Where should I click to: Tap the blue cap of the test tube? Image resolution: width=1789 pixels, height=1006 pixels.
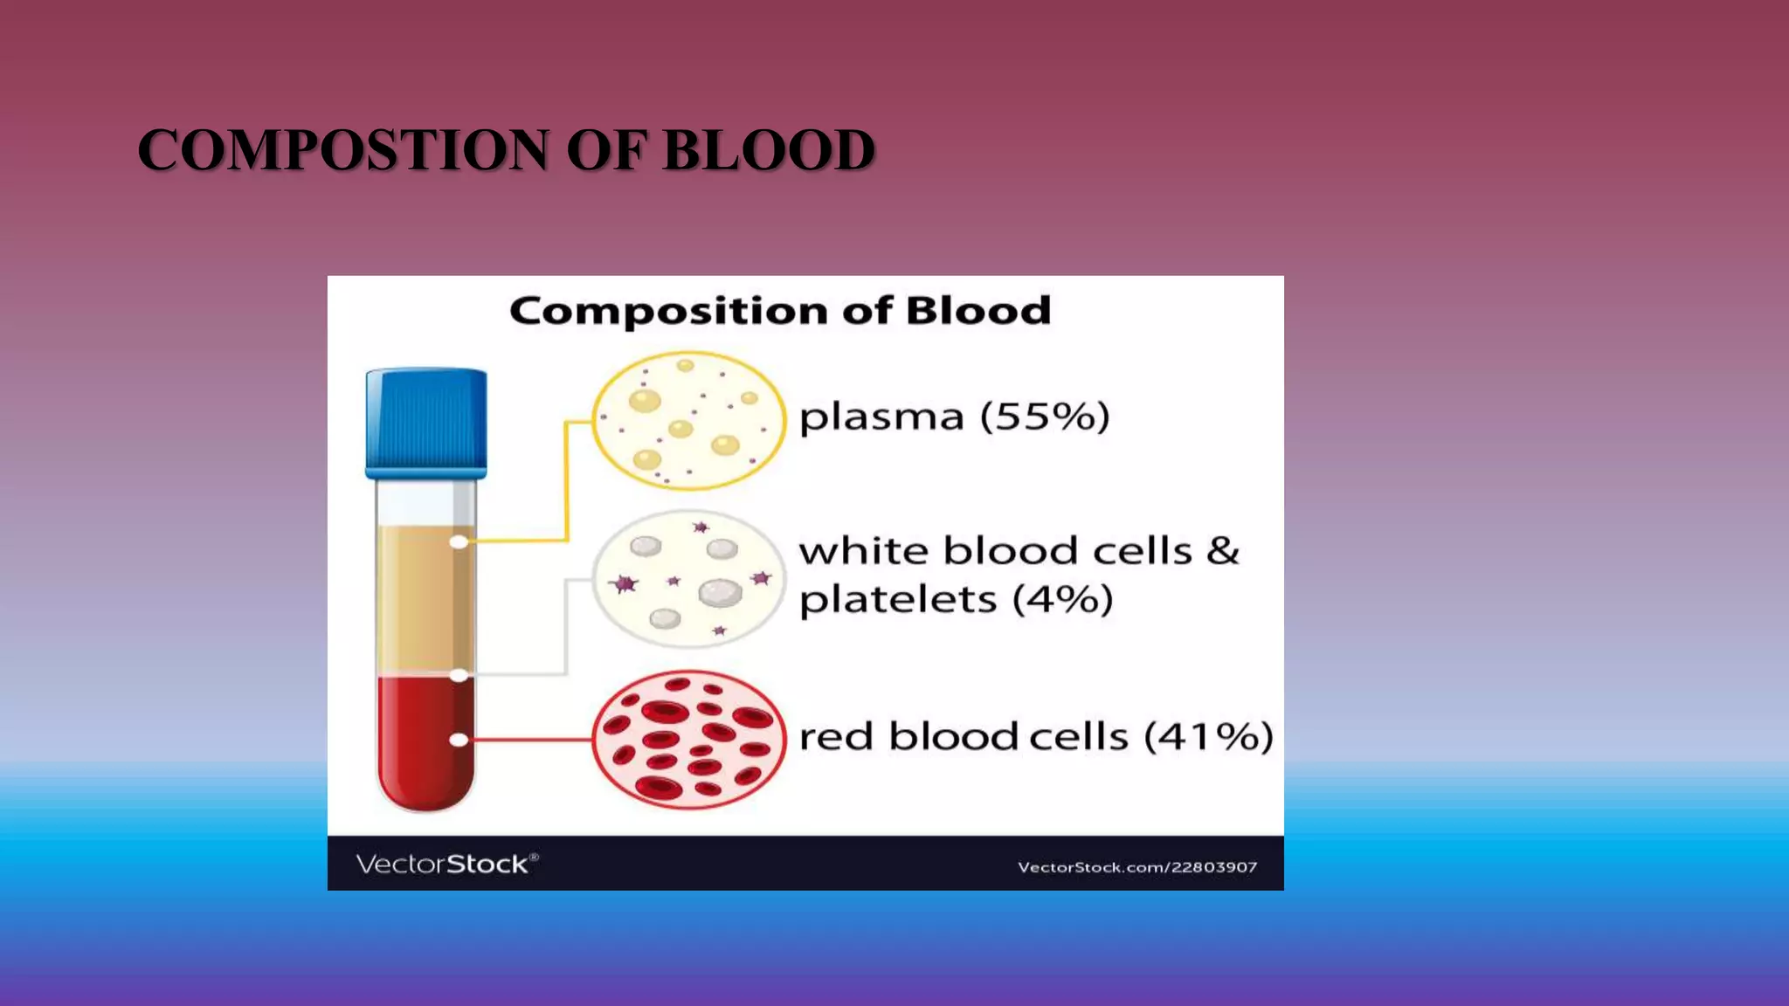coord(426,423)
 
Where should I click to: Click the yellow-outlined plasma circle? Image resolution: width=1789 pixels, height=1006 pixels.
coord(688,420)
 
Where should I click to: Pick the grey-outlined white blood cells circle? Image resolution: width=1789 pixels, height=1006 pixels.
coord(688,579)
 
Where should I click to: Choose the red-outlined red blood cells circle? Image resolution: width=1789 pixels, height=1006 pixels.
coord(688,740)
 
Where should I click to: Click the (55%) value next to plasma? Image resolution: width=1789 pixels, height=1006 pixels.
coord(1045,417)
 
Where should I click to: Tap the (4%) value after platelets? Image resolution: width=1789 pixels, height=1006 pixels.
coord(1063,600)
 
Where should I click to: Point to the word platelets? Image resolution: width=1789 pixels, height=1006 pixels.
coord(898,600)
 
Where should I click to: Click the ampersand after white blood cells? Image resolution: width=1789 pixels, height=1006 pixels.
coord(1223,551)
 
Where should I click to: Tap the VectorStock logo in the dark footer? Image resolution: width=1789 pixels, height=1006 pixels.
coord(446,864)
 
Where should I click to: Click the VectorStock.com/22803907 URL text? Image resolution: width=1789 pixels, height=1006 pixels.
coord(1137,867)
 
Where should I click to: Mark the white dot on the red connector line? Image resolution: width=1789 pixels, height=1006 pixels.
coord(459,740)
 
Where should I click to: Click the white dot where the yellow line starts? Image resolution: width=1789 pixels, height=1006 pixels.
coord(459,542)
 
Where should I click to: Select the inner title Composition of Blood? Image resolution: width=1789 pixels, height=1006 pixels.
coord(780,311)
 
